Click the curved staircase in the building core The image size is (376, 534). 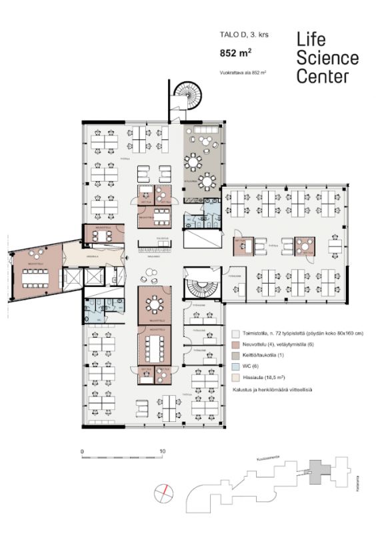200,288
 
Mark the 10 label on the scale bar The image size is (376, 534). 163,452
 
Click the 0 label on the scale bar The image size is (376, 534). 82,452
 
